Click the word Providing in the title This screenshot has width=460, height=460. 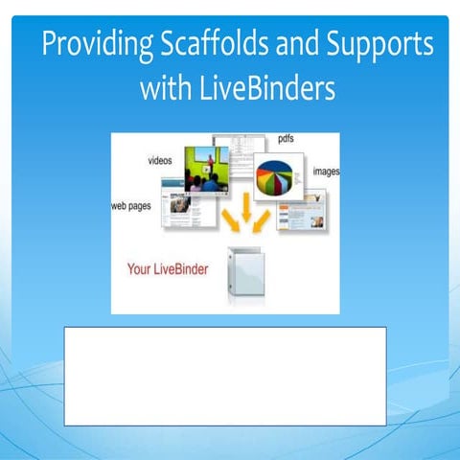(89, 46)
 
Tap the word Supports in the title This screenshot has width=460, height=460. (377, 46)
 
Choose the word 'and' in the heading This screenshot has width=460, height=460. (291, 46)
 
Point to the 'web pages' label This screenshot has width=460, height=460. (132, 205)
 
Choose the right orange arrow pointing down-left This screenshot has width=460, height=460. (261, 222)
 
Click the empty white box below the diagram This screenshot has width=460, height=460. (225, 376)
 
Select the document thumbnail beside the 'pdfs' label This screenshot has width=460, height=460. (234, 153)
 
